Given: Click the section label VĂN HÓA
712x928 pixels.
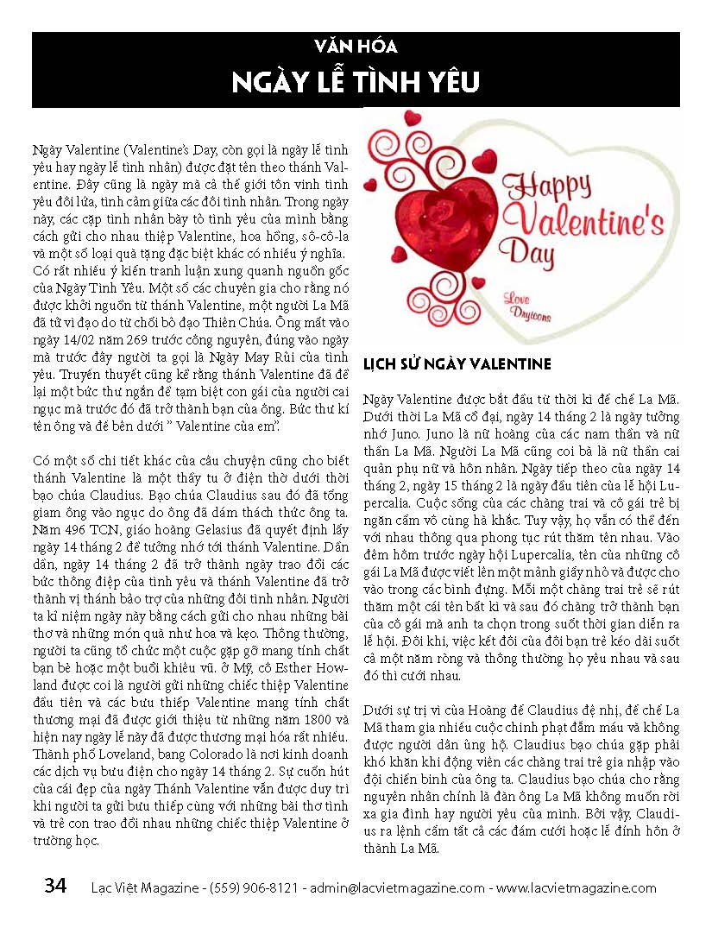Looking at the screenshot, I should click(356, 47).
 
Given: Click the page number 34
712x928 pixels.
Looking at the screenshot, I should click(56, 887).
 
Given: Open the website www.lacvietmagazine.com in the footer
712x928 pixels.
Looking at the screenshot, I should click(577, 887).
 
